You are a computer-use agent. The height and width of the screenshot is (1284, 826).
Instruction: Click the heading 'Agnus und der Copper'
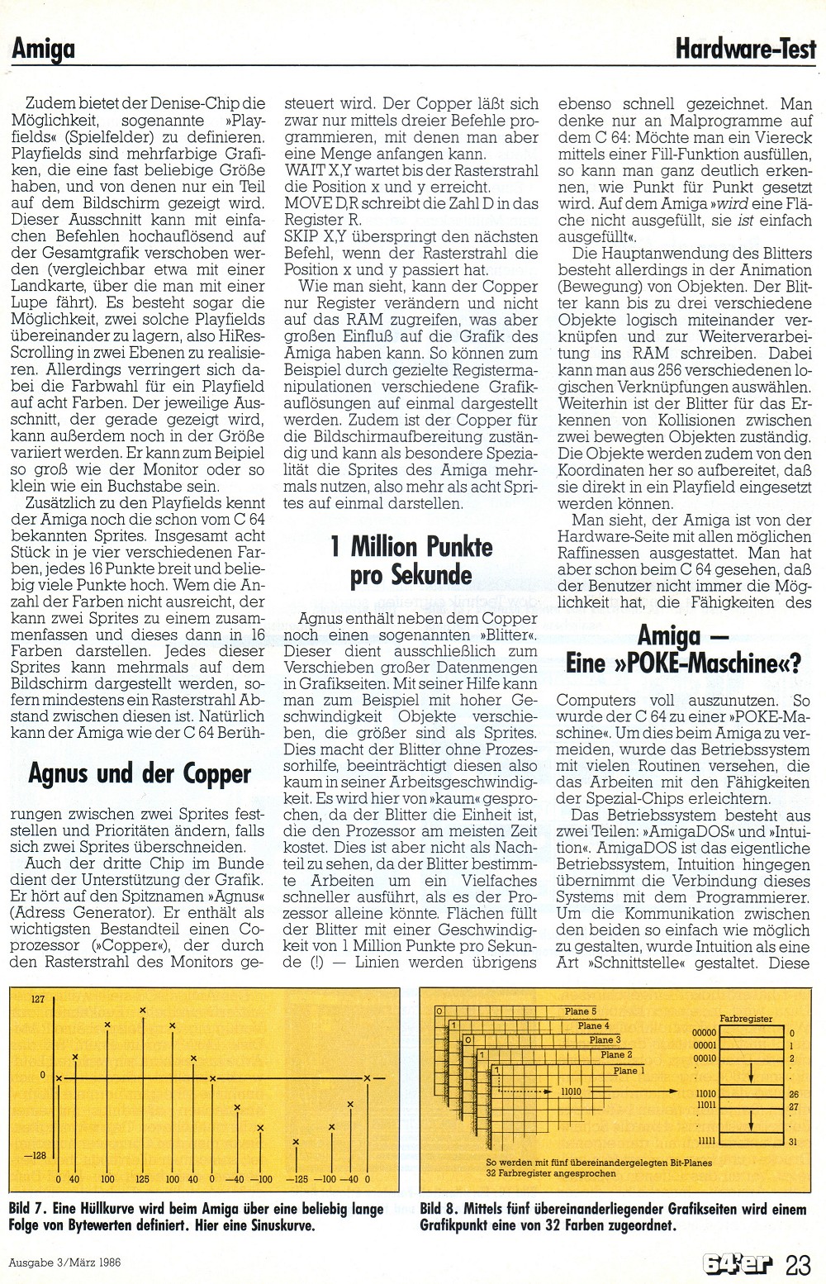tap(139, 774)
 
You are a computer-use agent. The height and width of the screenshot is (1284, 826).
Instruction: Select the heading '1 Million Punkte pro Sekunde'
tap(411, 561)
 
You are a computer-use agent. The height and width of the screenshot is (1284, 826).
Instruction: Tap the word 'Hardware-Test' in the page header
tap(745, 50)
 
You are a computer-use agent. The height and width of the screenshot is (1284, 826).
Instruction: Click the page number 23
tap(799, 1263)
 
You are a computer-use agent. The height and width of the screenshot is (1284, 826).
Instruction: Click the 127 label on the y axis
tap(38, 1000)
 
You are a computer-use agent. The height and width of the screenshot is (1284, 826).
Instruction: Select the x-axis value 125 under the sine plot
tap(142, 1179)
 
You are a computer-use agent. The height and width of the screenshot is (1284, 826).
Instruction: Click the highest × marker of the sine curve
tap(143, 1010)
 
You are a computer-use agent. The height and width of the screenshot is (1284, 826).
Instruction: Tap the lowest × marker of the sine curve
tap(296, 1143)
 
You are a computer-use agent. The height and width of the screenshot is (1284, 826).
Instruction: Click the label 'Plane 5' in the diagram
tap(581, 1011)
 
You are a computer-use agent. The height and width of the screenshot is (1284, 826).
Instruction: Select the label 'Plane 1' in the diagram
tap(626, 1071)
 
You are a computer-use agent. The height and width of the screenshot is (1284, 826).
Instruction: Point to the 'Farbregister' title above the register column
tap(746, 1019)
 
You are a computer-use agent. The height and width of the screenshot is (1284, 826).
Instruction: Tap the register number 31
tap(792, 1142)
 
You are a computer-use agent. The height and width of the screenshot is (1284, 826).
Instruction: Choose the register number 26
tap(792, 1093)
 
